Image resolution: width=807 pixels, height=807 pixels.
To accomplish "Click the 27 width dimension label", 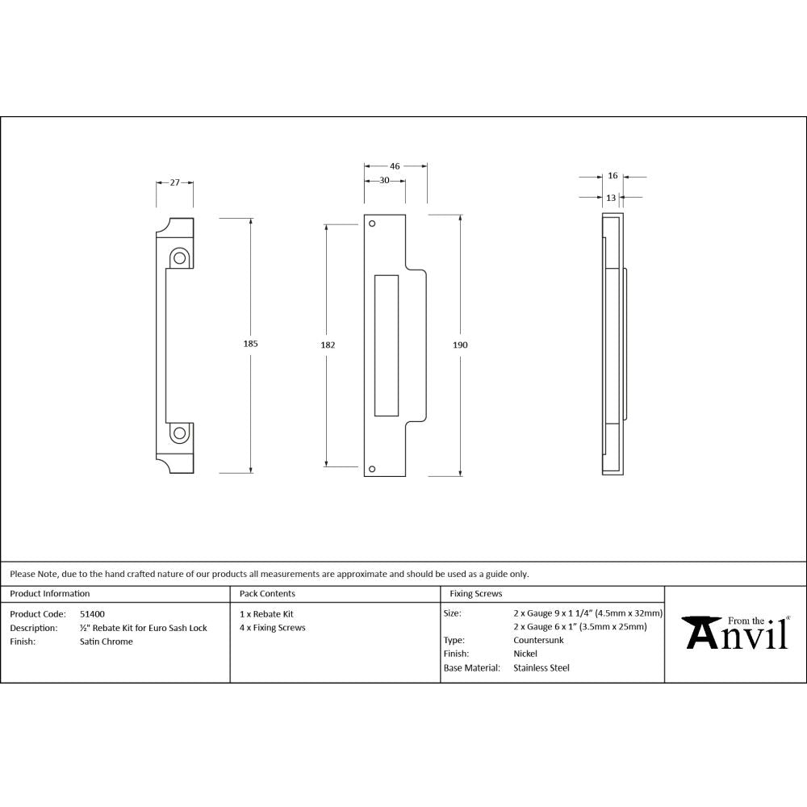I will pos(174,182).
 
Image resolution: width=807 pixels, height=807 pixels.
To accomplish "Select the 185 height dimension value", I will pos(250,344).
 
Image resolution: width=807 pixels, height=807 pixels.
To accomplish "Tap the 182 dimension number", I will pos(328,345).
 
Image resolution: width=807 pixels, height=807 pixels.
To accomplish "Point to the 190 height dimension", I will pos(460,345).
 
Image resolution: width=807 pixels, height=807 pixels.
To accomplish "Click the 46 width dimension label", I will pos(395,165).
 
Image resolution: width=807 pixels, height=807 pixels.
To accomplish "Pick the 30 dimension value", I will pos(385,180).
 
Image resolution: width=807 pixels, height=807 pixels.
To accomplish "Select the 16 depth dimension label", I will pos(613,175).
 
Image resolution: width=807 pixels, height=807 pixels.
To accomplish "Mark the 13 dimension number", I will pos(611,196).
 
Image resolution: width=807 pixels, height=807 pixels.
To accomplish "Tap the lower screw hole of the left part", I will pos(179,434).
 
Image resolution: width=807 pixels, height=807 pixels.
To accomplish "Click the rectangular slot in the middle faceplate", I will pos(387,345).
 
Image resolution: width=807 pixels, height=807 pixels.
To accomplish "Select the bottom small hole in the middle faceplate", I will pos(372,468).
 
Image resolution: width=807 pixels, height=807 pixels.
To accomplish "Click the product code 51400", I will pos(92,613).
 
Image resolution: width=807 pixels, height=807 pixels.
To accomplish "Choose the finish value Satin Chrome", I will pos(107,642).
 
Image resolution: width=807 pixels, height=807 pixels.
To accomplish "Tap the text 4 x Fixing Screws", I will pos(273,627).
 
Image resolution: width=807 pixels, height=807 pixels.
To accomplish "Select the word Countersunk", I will pos(538,640).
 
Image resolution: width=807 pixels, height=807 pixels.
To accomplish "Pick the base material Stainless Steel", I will pos(541,667).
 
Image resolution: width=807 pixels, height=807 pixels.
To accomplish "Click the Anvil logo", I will pos(737,633).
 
